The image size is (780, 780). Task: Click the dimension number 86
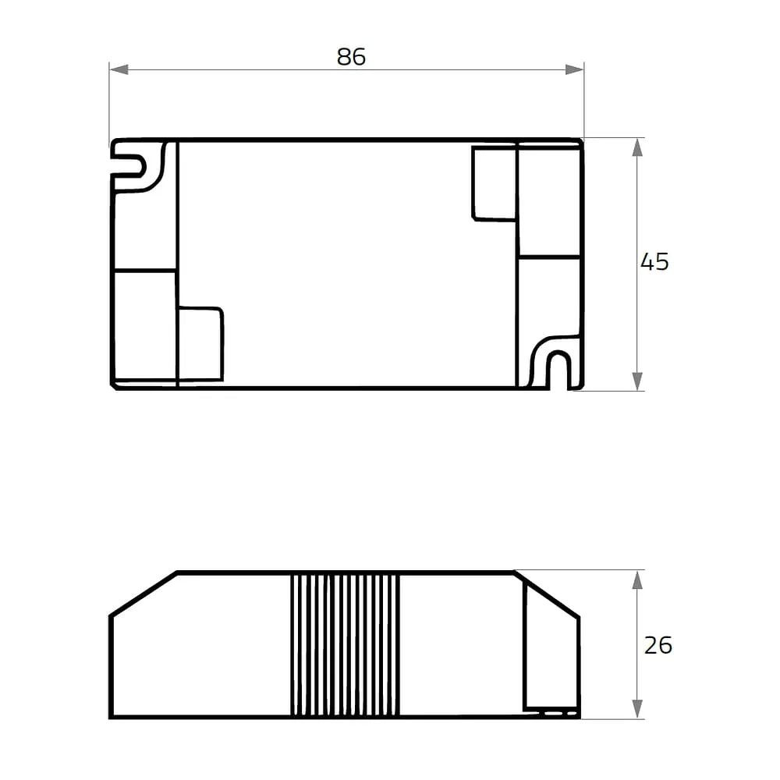click(x=351, y=57)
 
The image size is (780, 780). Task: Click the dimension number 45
click(x=654, y=261)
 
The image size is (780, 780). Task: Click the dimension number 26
click(x=658, y=645)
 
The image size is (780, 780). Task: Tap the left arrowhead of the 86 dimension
click(x=119, y=69)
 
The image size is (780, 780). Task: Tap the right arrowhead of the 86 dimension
click(x=574, y=69)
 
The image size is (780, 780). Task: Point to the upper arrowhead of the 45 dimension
click(x=637, y=147)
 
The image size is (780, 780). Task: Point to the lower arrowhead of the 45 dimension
click(x=637, y=381)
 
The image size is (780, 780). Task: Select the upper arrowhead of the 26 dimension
click(x=637, y=580)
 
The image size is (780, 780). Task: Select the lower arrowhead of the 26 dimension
click(x=637, y=709)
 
